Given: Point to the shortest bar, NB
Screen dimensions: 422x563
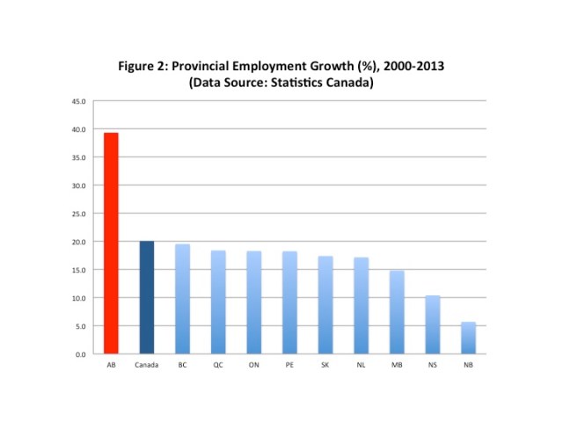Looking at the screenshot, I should pyautogui.click(x=469, y=338).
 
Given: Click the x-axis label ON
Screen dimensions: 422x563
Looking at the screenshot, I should pyautogui.click(x=254, y=364).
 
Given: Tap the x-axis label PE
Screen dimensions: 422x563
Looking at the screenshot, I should pyautogui.click(x=290, y=364).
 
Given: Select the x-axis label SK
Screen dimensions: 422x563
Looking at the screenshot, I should pyautogui.click(x=325, y=364).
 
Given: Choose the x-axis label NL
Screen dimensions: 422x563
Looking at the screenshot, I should pyautogui.click(x=362, y=364).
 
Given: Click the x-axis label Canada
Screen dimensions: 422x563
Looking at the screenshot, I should pyautogui.click(x=147, y=364).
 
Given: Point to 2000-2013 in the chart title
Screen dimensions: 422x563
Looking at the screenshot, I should pyautogui.click(x=408, y=67).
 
